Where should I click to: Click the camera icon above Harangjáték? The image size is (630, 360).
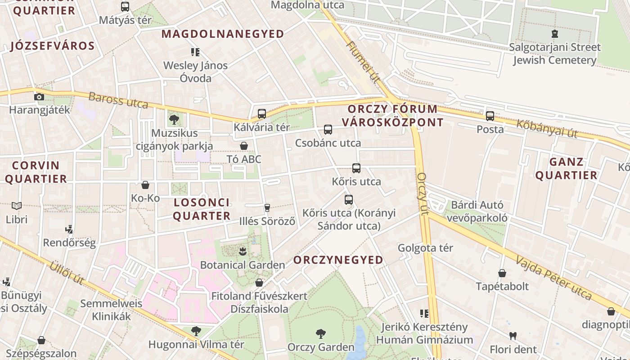(39, 97)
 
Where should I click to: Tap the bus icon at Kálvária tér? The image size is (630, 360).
(262, 114)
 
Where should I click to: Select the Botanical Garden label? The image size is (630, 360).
(242, 265)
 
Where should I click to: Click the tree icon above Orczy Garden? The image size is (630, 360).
(320, 334)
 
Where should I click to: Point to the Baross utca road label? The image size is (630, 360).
(118, 100)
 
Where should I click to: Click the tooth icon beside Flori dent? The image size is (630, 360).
(513, 336)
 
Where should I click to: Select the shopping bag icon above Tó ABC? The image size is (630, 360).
(243, 146)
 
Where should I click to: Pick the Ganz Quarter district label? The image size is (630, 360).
(566, 168)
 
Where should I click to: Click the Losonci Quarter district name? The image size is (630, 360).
(202, 209)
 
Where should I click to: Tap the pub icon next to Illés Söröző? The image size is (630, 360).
(267, 207)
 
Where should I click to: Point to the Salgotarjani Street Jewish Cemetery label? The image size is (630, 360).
(554, 54)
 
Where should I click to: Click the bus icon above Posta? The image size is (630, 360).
(490, 116)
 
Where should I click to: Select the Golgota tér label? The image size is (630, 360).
(425, 248)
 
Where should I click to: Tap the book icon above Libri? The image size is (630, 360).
(17, 206)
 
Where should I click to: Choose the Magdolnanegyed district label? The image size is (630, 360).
(223, 34)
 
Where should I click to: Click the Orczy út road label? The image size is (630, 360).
(422, 193)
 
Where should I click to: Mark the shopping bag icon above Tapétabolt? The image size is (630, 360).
(502, 273)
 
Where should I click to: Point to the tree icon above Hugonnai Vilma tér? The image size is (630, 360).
(196, 331)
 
